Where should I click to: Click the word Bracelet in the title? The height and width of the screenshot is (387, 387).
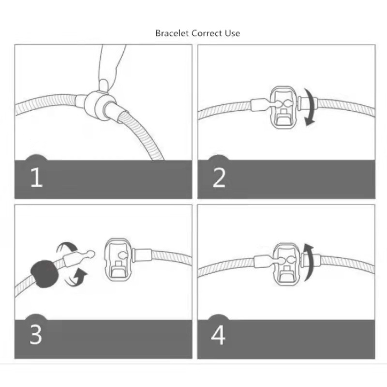(x=172, y=33)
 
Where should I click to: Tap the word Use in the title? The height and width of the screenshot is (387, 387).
(x=232, y=33)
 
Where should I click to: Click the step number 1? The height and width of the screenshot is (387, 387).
(x=37, y=177)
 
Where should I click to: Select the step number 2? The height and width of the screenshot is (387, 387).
(x=219, y=177)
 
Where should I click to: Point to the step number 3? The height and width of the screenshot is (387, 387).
(x=36, y=335)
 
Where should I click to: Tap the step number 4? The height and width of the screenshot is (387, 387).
(x=218, y=335)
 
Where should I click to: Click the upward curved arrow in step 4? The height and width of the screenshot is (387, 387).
(x=310, y=262)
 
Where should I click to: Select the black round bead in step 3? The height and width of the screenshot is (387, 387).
(x=44, y=274)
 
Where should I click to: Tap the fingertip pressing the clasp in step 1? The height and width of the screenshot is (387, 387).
(x=104, y=84)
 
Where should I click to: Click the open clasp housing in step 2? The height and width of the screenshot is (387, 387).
(x=283, y=107)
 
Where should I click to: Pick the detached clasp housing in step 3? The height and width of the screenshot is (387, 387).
(x=118, y=260)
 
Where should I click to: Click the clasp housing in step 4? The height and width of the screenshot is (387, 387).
(x=286, y=264)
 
